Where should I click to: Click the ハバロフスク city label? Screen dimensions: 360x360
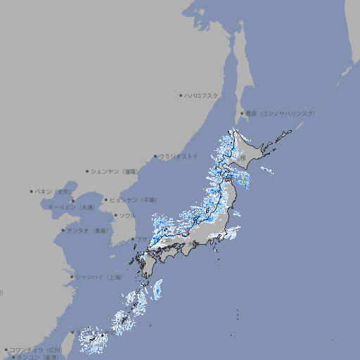click(x=202, y=95)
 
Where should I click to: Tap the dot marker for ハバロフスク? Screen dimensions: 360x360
click(x=181, y=95)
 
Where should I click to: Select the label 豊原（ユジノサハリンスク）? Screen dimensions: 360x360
click(x=281, y=113)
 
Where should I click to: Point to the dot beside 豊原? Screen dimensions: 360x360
click(x=242, y=113)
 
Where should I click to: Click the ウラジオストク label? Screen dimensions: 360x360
click(x=179, y=156)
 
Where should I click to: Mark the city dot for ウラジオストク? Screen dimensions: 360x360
click(x=155, y=156)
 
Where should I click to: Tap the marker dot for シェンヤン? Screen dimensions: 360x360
click(x=88, y=171)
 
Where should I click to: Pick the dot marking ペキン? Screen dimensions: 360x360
click(x=32, y=191)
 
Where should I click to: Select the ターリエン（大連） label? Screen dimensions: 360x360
click(x=71, y=207)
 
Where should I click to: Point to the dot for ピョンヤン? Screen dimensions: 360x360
click(x=106, y=200)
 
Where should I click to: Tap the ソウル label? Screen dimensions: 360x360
click(x=127, y=215)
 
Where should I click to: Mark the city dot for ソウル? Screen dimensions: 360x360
click(x=115, y=215)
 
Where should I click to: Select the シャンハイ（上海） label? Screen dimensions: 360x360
click(x=98, y=277)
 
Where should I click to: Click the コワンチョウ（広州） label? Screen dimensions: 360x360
click(x=36, y=349)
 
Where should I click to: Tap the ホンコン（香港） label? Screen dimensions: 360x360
click(x=37, y=357)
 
